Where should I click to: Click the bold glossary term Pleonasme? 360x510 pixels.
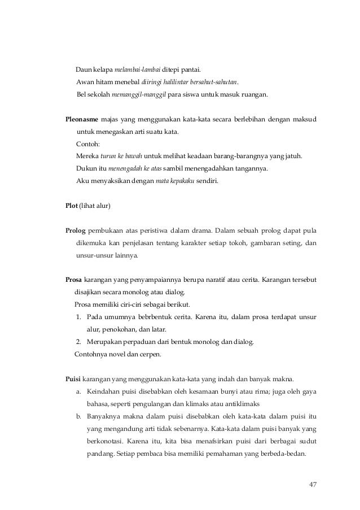point(82,120)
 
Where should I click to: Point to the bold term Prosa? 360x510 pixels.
point(74,280)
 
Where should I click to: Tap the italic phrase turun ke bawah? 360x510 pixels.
point(116,156)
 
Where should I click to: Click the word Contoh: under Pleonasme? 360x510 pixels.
point(87,144)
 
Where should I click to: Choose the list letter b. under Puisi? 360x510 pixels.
point(78,416)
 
